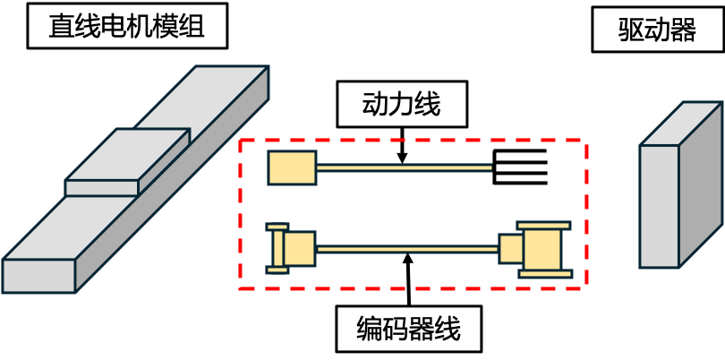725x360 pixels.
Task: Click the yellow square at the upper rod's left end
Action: coord(292,167)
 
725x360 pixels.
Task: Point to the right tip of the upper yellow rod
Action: coord(490,167)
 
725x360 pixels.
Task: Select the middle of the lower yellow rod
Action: coord(407,249)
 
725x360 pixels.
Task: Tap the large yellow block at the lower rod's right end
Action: coord(542,250)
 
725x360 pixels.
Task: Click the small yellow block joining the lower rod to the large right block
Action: coord(511,249)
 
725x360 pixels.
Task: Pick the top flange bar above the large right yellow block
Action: coord(543,226)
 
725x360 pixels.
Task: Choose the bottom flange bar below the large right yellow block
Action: coord(544,274)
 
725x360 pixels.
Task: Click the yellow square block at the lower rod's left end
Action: coord(300,249)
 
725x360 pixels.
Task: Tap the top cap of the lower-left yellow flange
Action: coord(277,227)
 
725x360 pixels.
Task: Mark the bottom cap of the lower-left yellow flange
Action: coord(277,270)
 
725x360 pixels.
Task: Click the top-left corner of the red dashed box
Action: coord(241,141)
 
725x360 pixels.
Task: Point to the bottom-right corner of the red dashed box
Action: coord(586,288)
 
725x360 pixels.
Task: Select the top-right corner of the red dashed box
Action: coord(586,141)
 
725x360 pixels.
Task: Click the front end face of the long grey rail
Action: coord(38,276)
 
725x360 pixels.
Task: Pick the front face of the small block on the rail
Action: coord(102,188)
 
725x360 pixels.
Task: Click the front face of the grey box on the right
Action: coord(659,206)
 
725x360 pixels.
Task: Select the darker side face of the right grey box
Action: coord(700,184)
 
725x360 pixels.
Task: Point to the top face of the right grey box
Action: coord(682,124)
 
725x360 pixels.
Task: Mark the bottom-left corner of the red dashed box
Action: coord(241,288)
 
